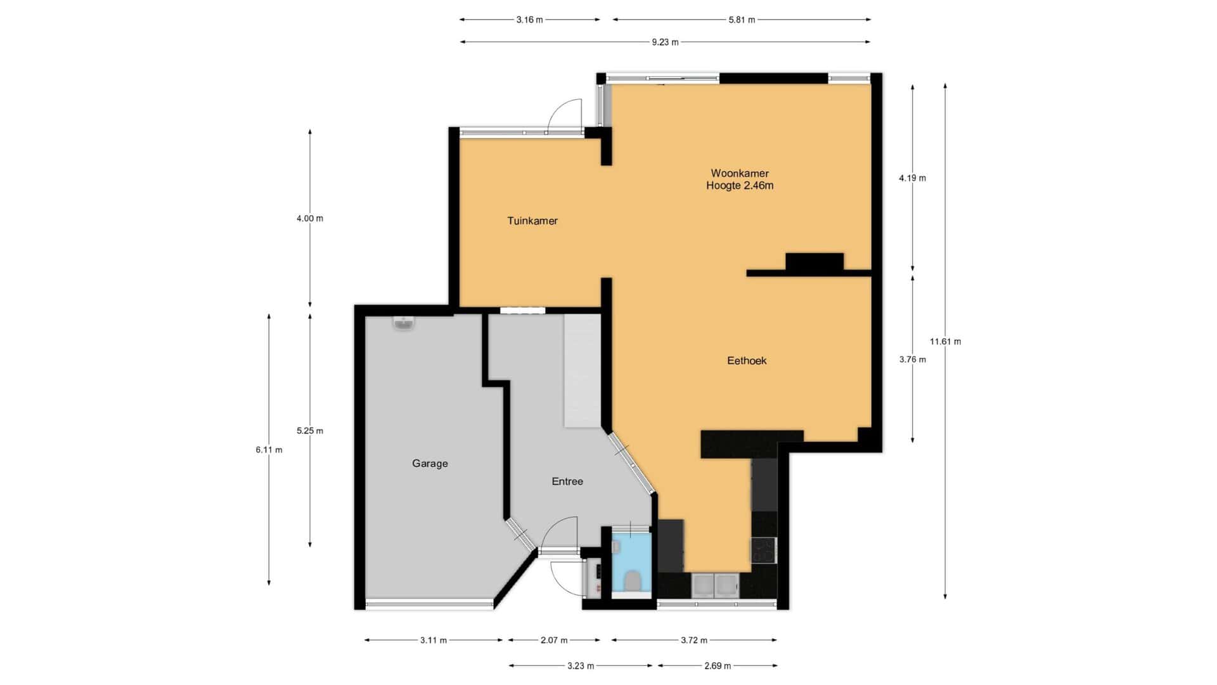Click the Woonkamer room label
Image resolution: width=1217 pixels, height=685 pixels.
click(x=740, y=173)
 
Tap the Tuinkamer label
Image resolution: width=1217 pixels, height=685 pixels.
click(x=532, y=221)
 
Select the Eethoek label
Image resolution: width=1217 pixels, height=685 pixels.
click(x=747, y=360)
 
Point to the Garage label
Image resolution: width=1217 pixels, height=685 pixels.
click(x=430, y=464)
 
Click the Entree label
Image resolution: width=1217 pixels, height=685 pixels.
click(x=567, y=481)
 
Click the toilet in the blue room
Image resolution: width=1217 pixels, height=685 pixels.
click(x=632, y=580)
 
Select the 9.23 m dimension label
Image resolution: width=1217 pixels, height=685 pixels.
click(x=665, y=42)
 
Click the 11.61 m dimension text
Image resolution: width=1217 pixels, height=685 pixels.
click(x=945, y=342)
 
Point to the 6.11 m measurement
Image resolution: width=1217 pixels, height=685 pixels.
click(x=269, y=450)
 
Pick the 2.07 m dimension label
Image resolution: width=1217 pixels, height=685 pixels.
click(x=554, y=641)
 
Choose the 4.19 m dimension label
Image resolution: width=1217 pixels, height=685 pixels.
click(x=912, y=178)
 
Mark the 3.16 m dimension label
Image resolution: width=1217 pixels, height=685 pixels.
click(x=529, y=20)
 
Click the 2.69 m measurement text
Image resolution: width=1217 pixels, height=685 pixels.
click(x=718, y=666)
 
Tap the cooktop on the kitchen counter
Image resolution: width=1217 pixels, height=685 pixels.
click(x=763, y=550)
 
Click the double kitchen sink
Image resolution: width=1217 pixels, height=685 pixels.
click(x=714, y=585)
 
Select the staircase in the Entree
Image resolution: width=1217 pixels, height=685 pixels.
click(x=582, y=370)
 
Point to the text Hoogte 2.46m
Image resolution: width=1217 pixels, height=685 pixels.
click(x=740, y=186)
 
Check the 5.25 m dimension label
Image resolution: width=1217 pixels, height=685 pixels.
click(x=310, y=431)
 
